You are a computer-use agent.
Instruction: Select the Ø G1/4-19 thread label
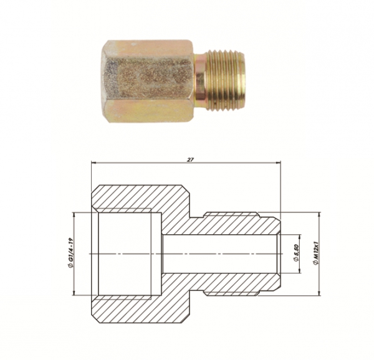pyautogui.click(x=69, y=254)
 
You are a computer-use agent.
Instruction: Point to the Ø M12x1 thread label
pyautogui.click(x=318, y=254)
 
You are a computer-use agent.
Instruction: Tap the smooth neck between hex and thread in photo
pyautogui.click(x=200, y=79)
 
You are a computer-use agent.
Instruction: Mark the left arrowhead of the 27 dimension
pyautogui.click(x=94, y=164)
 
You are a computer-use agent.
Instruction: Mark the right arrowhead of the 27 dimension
pyautogui.click(x=279, y=164)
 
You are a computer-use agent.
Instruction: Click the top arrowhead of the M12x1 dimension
pyautogui.click(x=319, y=213)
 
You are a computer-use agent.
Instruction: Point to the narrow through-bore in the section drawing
pyautogui.click(x=218, y=254)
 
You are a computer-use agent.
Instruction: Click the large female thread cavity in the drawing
pyautogui.click(x=125, y=254)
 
